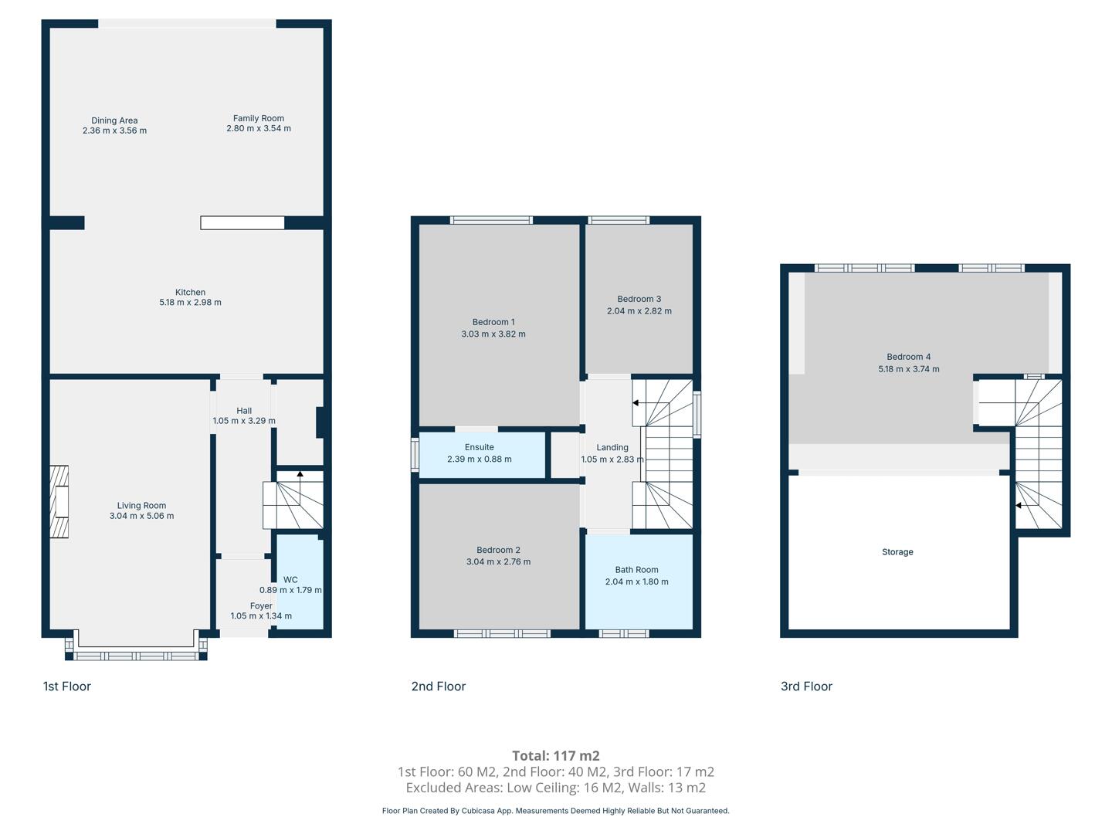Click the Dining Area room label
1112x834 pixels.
coord(114,120)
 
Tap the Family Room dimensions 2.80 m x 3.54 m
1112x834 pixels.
coord(259,129)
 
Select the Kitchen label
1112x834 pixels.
coord(190,292)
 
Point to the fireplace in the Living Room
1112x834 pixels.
coord(59,501)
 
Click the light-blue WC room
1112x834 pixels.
coord(300,582)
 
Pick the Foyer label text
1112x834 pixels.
coord(261,605)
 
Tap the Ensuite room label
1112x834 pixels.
coord(480,447)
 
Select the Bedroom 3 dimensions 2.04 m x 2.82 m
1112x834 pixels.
coord(639,311)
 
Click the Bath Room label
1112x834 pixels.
coord(637,570)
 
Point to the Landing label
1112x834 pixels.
coord(612,447)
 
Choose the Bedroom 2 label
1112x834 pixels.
coord(499,550)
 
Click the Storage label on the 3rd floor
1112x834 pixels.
coord(897,552)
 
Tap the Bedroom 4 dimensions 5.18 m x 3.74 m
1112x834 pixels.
coord(909,369)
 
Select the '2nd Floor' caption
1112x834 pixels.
coord(438,687)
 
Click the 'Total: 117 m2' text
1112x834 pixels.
coord(556,755)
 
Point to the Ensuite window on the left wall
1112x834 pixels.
coord(415,455)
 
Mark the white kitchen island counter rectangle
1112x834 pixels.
coord(242,223)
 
